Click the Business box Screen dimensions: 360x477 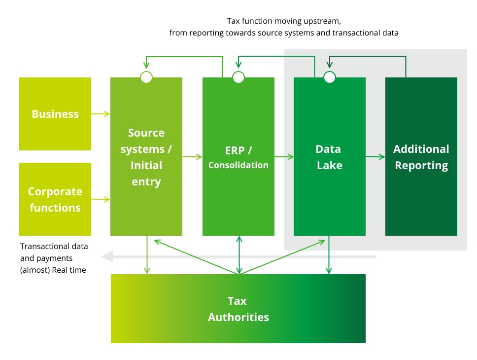click(55, 113)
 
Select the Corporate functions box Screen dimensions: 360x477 click(55, 199)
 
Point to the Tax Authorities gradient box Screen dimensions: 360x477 click(238, 309)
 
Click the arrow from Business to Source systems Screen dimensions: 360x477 click(101, 114)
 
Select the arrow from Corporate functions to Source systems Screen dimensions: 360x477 click(101, 199)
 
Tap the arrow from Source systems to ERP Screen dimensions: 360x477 click(192, 157)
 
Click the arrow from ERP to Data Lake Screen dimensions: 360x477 click(284, 157)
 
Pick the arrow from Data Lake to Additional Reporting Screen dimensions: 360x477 click(375, 157)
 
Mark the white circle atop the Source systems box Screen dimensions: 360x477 click(146, 77)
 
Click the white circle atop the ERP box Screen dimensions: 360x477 click(238, 77)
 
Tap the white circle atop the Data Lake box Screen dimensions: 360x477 click(330, 77)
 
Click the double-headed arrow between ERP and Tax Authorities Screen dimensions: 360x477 click(239, 254)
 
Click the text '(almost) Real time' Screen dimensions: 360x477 click(53, 270)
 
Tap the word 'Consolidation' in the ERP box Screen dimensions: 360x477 click(238, 165)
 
